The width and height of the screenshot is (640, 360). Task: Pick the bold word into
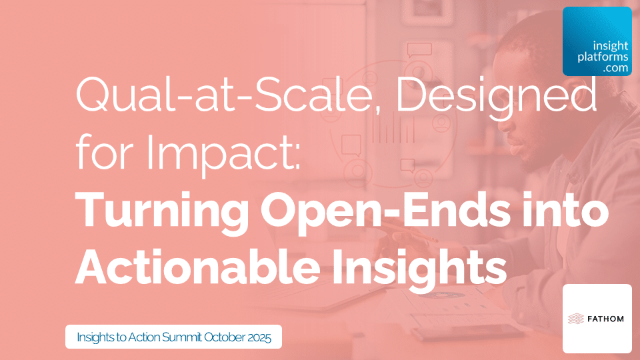[572, 211]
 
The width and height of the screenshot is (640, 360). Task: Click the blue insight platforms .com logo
[597, 41]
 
